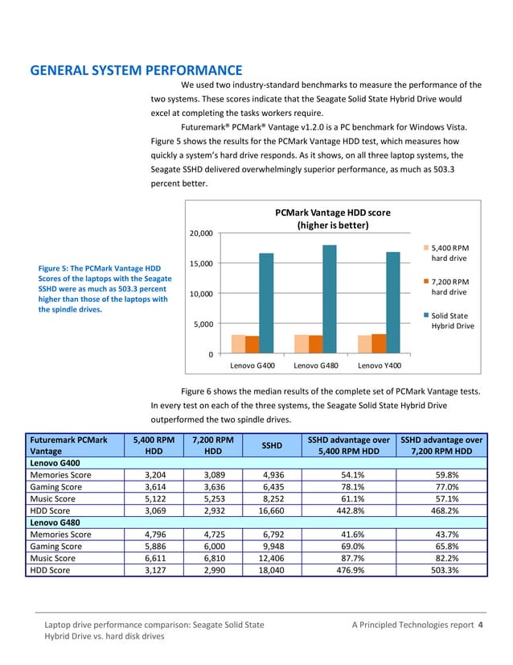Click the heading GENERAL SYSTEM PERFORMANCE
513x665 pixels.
point(136,70)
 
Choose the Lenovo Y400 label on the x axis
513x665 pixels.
point(380,366)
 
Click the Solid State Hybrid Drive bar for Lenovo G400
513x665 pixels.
point(266,304)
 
